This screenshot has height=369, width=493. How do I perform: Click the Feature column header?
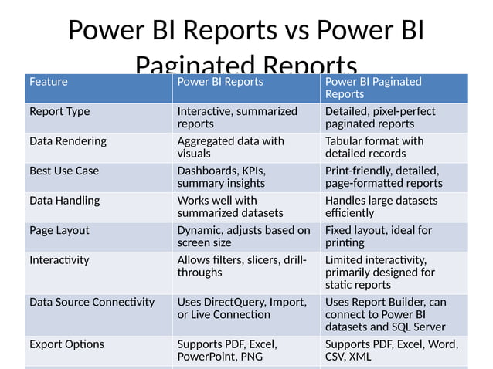point(49,82)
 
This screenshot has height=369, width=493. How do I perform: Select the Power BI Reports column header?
point(220,82)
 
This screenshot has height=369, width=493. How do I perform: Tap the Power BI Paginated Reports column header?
point(373,87)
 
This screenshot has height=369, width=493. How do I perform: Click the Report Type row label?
point(59,111)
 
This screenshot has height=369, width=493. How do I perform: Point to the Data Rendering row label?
point(68,141)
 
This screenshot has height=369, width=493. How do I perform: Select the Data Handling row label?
point(65,201)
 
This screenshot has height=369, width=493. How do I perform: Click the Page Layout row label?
point(59,230)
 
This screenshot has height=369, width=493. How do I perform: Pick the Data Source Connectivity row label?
point(92,302)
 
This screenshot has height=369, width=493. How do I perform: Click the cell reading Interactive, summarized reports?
point(237,117)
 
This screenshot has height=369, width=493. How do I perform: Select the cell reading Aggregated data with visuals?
point(230,147)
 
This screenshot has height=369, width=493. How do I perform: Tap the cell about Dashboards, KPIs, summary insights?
point(224,177)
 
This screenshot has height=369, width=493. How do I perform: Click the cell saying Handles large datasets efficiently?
point(381,207)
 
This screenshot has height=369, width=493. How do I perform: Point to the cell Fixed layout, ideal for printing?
point(379,236)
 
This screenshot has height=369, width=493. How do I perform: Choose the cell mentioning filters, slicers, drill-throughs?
point(242,266)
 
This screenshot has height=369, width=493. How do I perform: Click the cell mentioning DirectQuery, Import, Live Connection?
point(242,308)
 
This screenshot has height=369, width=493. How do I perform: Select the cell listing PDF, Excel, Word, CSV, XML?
point(392,350)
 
